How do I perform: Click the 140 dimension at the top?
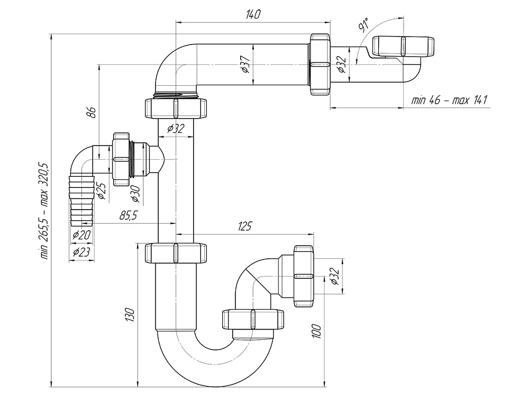(253, 15)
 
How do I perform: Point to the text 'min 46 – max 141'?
(449, 101)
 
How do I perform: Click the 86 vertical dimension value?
(91, 112)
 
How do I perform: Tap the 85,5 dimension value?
(129, 215)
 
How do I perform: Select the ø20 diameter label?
(81, 234)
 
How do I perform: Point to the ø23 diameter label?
(81, 252)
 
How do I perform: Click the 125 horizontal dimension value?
(244, 227)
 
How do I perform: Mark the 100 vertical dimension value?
(317, 332)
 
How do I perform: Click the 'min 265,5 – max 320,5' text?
(44, 210)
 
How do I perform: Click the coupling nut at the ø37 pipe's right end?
(320, 64)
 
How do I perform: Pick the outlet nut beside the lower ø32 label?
(304, 275)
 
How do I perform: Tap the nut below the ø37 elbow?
(175, 108)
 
